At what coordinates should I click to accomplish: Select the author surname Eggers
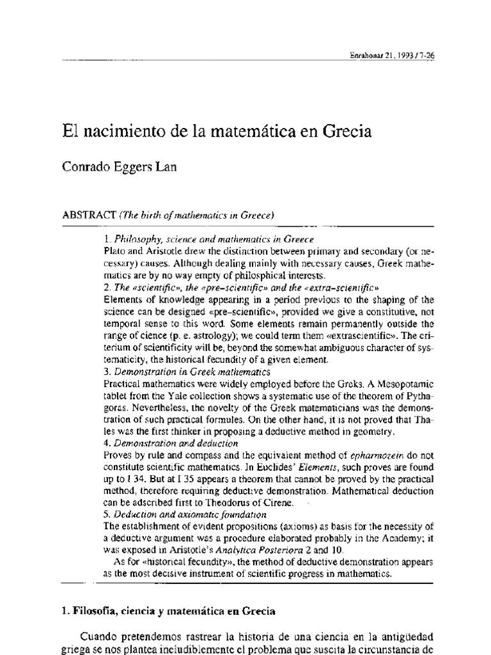point(130,169)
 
